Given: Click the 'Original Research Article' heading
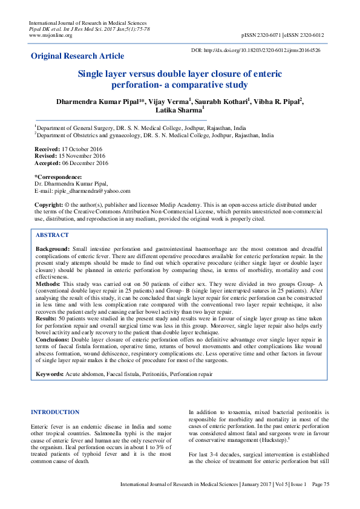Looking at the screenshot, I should (77, 56).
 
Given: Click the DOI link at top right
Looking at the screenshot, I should (255, 50).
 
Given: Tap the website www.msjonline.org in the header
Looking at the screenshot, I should (50, 35).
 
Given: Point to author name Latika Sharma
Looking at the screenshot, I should (179, 110).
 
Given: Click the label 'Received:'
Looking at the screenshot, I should (47, 148).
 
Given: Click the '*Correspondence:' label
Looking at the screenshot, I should (57, 177).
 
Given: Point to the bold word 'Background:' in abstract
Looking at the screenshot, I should (53, 249).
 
